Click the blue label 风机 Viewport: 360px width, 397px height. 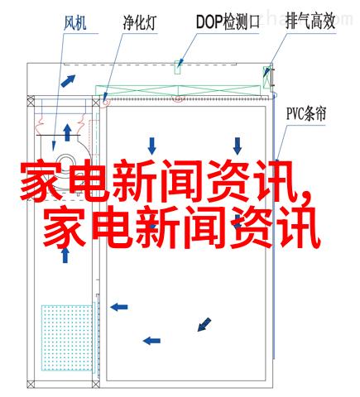[75, 23]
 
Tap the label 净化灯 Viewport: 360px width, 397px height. [140, 22]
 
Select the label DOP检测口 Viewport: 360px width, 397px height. [228, 22]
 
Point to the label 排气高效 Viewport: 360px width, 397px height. [310, 21]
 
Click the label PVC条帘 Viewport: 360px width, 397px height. [306, 113]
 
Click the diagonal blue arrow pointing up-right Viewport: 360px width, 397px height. [68, 81]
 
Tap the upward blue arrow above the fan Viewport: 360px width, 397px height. [67, 132]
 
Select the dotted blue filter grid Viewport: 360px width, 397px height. [67, 337]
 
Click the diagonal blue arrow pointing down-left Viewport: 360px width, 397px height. [204, 324]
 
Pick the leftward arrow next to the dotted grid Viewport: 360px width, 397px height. [119, 307]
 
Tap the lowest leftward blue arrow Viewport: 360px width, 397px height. [151, 341]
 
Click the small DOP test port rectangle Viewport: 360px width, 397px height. [178, 68]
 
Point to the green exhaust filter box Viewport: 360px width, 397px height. [266, 77]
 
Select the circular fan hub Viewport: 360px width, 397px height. [65, 162]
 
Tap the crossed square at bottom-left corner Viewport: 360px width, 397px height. [31, 384]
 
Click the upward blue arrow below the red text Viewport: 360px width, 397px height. [65, 255]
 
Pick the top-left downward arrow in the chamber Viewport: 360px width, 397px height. [151, 146]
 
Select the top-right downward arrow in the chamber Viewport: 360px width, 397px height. [238, 146]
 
